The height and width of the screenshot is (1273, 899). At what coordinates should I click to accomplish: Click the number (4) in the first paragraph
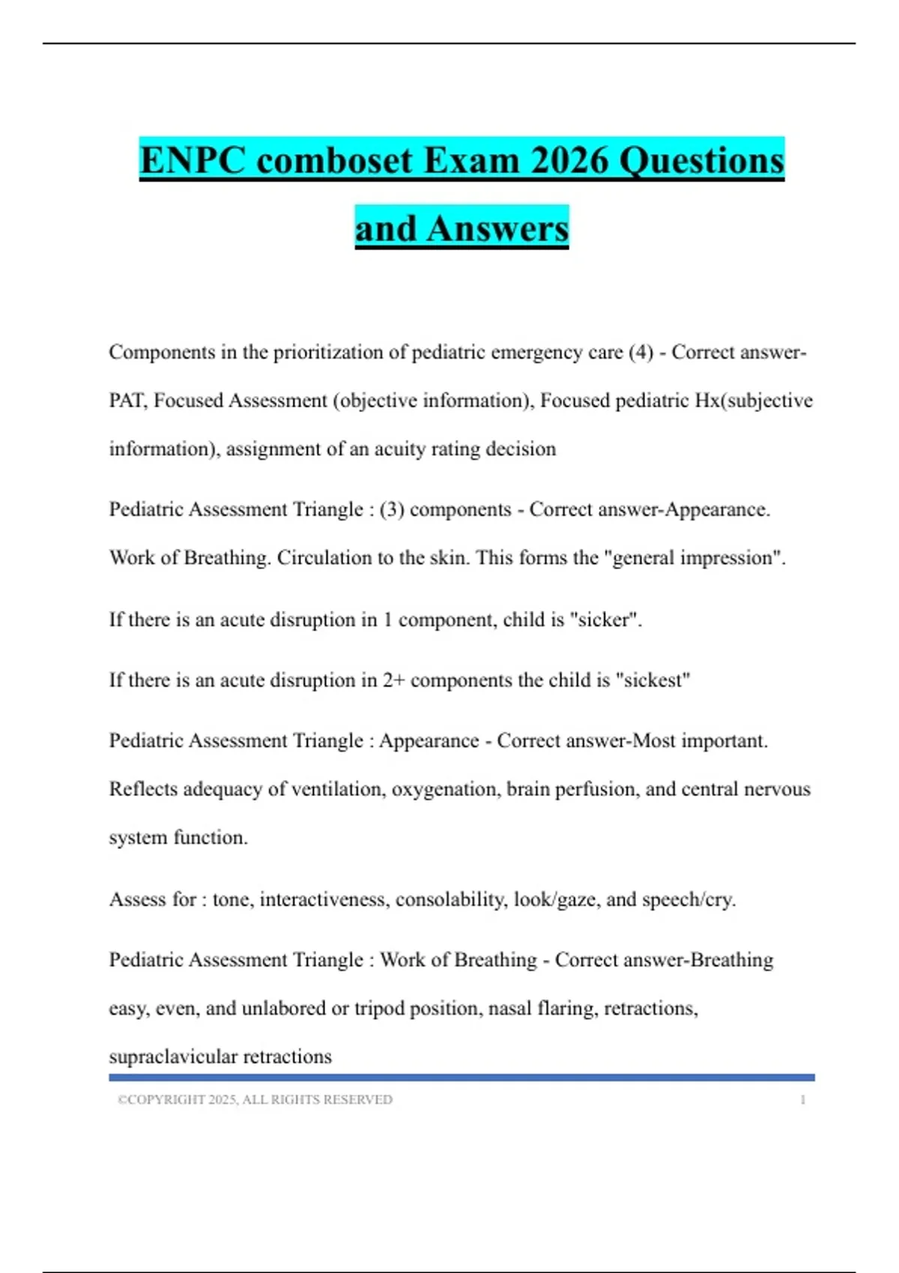click(x=641, y=352)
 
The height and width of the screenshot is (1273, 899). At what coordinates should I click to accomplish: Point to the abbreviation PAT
click(x=127, y=401)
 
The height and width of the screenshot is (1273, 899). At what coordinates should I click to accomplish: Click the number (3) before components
click(x=392, y=509)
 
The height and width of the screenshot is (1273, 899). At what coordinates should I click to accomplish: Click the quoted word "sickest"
click(x=653, y=680)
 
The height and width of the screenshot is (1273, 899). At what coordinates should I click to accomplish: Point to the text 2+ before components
click(x=393, y=680)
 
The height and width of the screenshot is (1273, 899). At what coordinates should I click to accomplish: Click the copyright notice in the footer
click(x=255, y=1099)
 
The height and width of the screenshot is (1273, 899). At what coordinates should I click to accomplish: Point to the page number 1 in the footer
click(x=802, y=1099)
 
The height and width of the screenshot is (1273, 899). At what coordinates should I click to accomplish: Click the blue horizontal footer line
click(x=461, y=1078)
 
